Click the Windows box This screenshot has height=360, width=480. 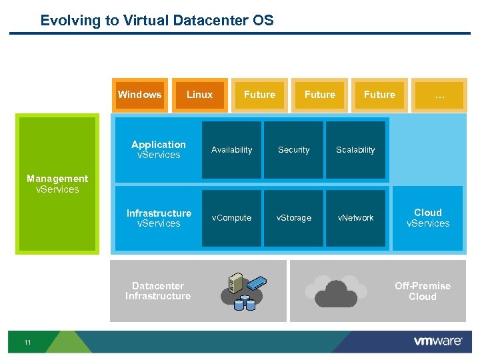pos(139,95)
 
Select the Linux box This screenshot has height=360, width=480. pos(199,95)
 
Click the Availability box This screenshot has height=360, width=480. pos(231,150)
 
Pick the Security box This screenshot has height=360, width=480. pos(293,150)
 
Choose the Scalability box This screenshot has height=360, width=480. pos(355,150)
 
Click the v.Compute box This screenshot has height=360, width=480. pos(231,218)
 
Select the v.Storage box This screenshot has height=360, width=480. pos(293,218)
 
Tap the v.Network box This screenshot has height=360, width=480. pos(355,218)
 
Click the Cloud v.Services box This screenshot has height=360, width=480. pos(427,218)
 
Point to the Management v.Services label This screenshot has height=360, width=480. pos(57,184)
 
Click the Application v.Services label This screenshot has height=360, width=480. pos(159,149)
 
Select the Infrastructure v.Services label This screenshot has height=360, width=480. pos(159,218)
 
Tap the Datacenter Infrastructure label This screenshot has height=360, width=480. pos(158,291)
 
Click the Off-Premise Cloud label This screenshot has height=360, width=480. pos(423,291)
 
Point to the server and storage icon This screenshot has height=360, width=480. pos(240,291)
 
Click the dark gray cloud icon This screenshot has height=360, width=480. pos(336,293)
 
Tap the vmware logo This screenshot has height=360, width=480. pos(437,341)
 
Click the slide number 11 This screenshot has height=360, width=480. pos(27,343)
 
